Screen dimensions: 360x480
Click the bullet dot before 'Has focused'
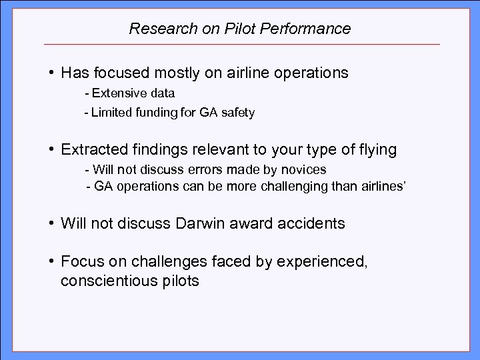click(x=51, y=73)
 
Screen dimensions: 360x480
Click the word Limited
click(x=122, y=113)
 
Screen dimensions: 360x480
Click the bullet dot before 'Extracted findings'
click(x=51, y=150)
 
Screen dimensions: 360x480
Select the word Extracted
click(x=91, y=150)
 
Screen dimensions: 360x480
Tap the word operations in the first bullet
click(x=308, y=73)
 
